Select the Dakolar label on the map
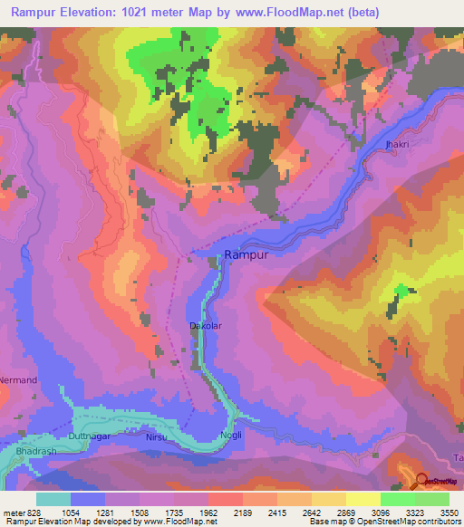(205, 325)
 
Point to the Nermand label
(18, 379)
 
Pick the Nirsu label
(158, 436)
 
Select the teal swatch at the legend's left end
(53, 499)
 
